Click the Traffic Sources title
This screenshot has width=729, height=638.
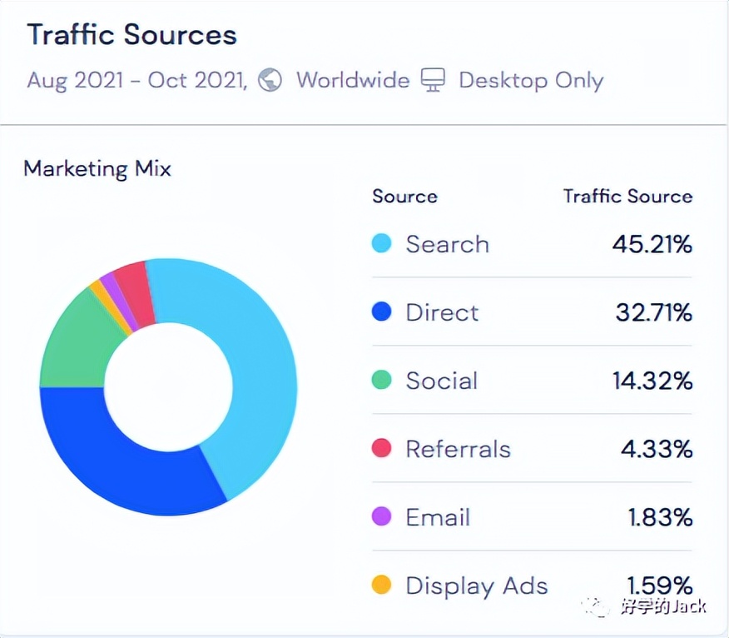click(131, 36)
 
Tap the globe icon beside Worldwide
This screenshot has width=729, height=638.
click(270, 81)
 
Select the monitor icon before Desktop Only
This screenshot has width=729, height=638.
click(433, 81)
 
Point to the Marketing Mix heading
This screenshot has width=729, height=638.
click(97, 169)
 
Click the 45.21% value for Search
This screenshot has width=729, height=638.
click(652, 245)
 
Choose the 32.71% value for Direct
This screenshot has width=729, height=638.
click(653, 313)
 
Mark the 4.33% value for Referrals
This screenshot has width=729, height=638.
click(657, 450)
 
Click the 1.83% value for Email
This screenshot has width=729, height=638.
click(660, 518)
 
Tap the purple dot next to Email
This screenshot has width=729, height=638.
click(381, 517)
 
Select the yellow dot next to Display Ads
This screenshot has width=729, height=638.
click(381, 586)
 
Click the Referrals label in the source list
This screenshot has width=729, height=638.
click(458, 450)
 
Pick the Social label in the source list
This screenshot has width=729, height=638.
click(441, 381)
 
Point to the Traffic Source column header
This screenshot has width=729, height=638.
click(627, 197)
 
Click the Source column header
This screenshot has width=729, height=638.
click(404, 197)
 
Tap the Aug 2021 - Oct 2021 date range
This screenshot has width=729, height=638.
click(137, 81)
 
